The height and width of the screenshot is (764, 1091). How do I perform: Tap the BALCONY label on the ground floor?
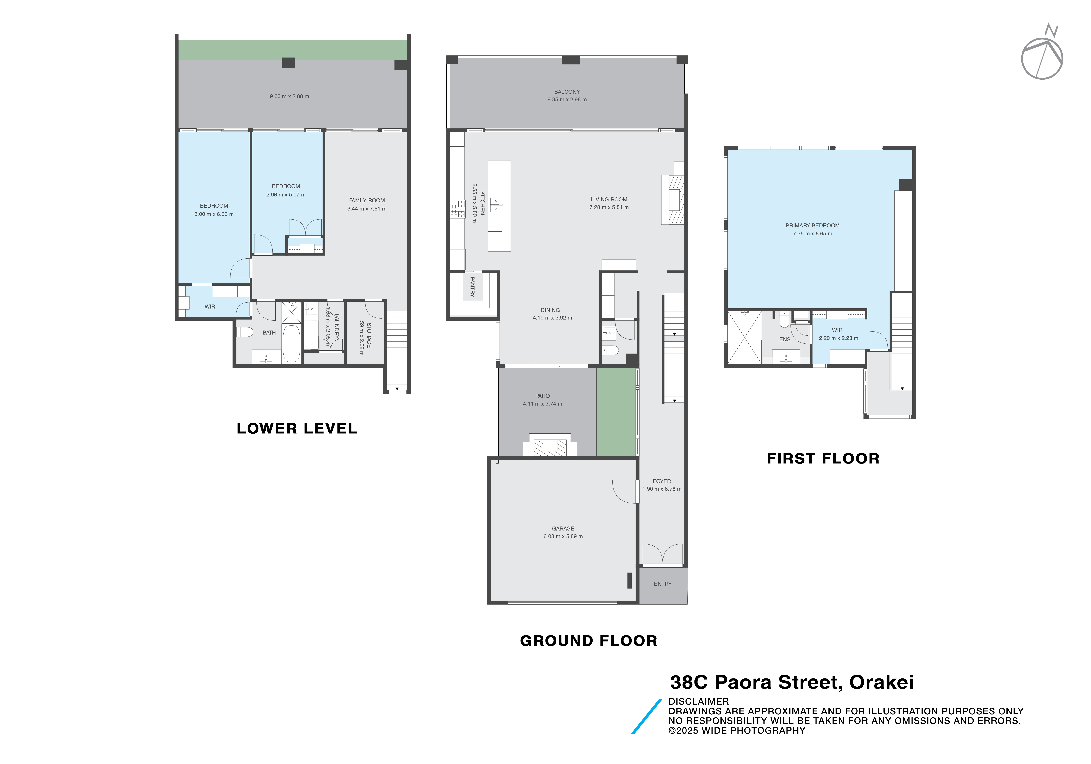pos(567,92)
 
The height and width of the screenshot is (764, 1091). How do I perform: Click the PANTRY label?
pos(472,287)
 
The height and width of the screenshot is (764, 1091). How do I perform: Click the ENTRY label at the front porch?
pos(662,584)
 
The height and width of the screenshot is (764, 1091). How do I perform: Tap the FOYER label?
pos(661,481)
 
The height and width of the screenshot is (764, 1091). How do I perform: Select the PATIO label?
pos(542,395)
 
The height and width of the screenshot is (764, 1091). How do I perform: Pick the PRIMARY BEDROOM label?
pos(812,225)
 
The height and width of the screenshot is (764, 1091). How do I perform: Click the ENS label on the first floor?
pos(784,339)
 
